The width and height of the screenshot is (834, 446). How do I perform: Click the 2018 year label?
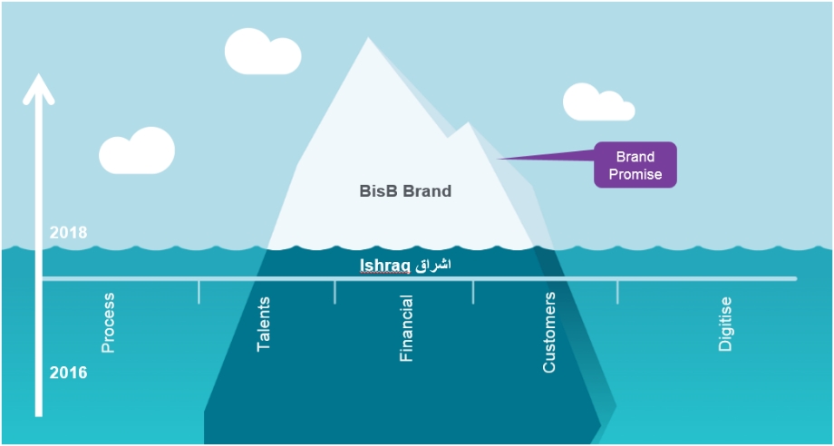coord(69,233)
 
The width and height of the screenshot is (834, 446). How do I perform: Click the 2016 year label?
coord(69,373)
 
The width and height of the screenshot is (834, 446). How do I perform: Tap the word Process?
coord(109,322)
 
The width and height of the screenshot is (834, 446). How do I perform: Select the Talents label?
coord(264,325)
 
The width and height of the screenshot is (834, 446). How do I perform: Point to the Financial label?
coord(406,328)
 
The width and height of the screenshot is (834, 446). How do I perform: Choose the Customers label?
coord(549,332)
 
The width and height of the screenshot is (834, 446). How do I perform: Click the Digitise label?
coord(725,324)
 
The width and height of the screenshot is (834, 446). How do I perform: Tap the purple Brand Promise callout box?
coord(635,165)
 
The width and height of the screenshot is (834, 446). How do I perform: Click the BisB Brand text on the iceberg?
coord(405,192)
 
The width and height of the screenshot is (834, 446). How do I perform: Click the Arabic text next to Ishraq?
coord(432,266)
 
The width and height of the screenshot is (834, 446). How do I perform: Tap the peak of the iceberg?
coord(367,40)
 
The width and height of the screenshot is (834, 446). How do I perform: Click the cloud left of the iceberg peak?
coord(263,52)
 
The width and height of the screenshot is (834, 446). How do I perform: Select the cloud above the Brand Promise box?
coord(597,102)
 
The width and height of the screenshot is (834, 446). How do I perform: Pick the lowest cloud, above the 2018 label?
coord(137,150)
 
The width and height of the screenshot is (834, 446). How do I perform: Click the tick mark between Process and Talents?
coord(199,291)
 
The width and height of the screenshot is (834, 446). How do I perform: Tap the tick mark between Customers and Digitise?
coord(617,291)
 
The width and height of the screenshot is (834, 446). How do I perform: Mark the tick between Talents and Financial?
coord(335,291)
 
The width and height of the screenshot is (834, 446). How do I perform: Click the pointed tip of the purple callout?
coord(499,159)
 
